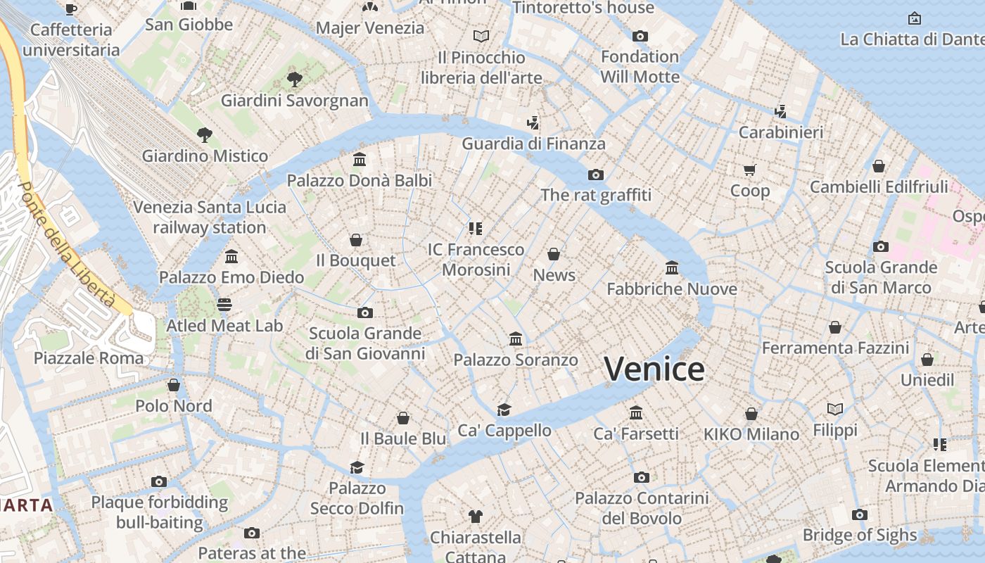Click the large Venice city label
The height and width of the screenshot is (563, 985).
[654, 369]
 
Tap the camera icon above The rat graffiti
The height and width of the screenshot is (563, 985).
[596, 175]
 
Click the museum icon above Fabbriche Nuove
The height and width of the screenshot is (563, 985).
[672, 268]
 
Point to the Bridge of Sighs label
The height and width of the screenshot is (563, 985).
[860, 535]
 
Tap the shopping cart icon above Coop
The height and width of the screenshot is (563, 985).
[749, 170]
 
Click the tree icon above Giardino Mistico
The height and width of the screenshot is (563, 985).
[205, 134]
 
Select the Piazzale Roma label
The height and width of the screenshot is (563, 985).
[89, 358]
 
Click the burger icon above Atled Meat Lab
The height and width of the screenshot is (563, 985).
[224, 305]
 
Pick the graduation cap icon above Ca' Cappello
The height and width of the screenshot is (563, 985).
[504, 410]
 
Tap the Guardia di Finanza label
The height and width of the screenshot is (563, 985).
[533, 144]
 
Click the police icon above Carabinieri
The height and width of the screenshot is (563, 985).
[780, 111]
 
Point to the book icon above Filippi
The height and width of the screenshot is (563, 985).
[835, 409]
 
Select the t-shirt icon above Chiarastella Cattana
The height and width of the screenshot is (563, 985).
[476, 517]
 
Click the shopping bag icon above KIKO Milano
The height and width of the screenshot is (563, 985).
[751, 413]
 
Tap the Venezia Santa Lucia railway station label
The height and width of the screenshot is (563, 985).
[210, 217]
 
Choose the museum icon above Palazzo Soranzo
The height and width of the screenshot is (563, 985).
[516, 339]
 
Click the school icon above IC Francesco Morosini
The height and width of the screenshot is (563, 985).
[476, 228]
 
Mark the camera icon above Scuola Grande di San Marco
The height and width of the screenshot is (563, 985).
[880, 246]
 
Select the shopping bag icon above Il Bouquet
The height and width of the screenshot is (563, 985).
[356, 240]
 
